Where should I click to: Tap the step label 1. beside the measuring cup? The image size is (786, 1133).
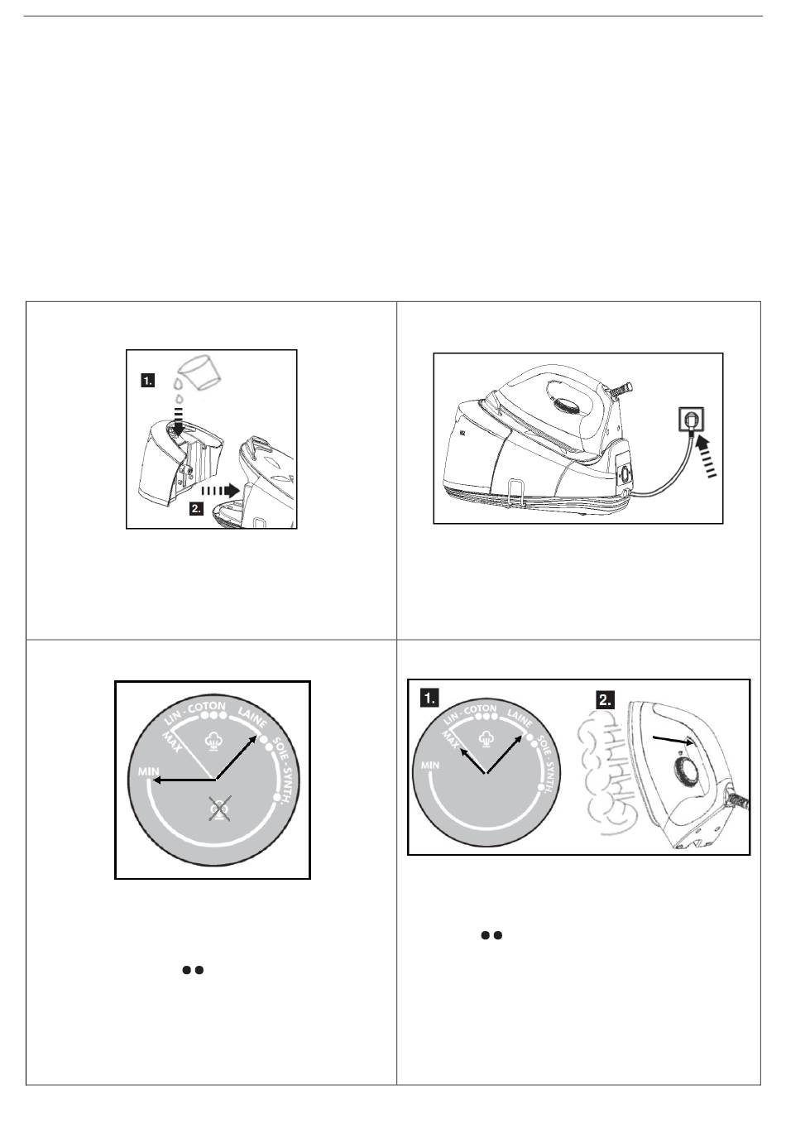(x=147, y=381)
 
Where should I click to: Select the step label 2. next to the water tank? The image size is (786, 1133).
(x=196, y=508)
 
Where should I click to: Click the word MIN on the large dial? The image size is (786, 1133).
(x=149, y=771)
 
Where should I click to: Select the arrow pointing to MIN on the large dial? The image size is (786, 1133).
(x=185, y=779)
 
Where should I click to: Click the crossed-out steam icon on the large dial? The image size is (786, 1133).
(x=219, y=806)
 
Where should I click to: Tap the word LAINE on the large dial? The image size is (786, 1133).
(x=252, y=717)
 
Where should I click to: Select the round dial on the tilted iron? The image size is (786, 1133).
(x=685, y=772)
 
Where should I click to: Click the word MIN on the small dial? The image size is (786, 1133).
(x=430, y=766)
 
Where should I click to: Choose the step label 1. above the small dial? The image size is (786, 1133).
(x=430, y=699)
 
